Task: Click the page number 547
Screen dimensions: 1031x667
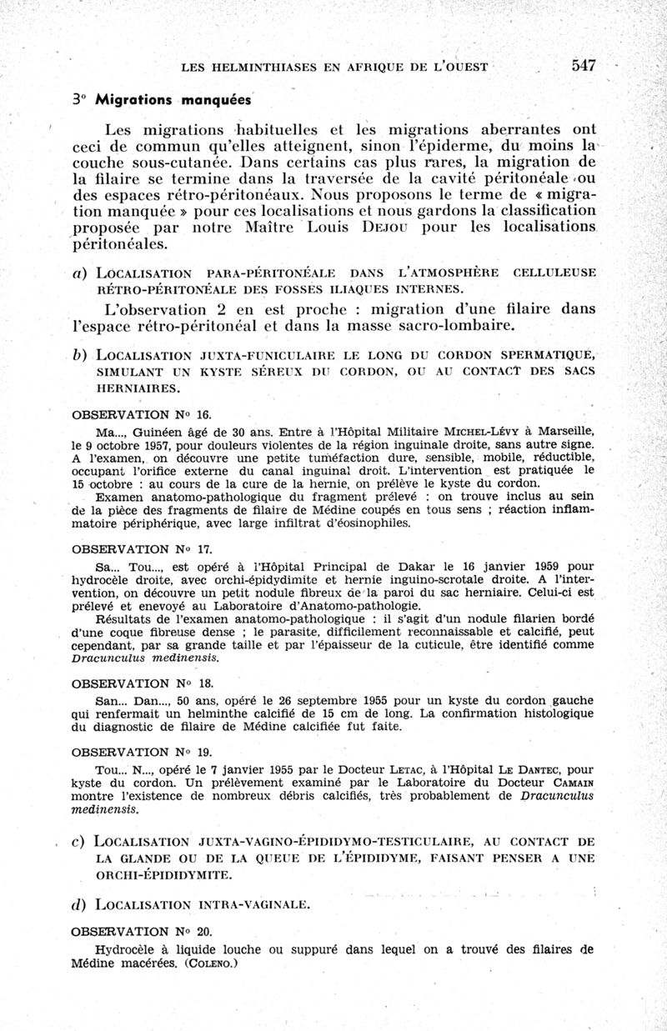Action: point(584,67)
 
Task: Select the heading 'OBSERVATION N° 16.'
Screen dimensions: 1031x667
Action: point(137,414)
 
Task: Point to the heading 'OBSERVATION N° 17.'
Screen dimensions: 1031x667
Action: point(137,549)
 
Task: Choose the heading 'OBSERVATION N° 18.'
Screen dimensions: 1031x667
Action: point(137,683)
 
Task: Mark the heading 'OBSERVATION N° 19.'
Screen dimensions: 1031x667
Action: point(137,751)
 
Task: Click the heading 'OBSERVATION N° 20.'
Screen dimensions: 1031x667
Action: point(137,931)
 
